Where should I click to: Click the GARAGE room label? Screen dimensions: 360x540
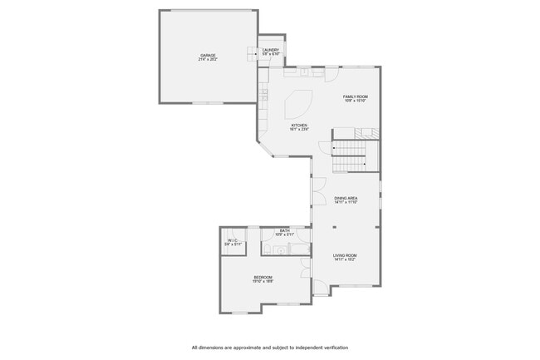click(207, 55)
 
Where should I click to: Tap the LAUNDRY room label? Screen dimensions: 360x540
click(271, 50)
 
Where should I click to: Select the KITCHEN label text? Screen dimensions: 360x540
click(299, 126)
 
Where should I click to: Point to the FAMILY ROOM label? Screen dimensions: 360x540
click(356, 96)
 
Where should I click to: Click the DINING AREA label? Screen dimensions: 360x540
click(346, 198)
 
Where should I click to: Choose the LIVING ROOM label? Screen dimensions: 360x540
click(345, 255)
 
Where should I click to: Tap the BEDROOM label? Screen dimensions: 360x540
click(263, 277)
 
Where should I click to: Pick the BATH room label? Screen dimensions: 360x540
click(284, 230)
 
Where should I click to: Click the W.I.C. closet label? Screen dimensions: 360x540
click(233, 240)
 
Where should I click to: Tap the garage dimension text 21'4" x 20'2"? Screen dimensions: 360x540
click(207, 60)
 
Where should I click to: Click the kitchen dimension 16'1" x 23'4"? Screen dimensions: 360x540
click(299, 130)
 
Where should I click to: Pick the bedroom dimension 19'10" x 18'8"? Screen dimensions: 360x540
click(263, 282)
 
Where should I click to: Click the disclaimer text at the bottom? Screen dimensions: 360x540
click(270, 347)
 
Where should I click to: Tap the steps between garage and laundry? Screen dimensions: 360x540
click(252, 54)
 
